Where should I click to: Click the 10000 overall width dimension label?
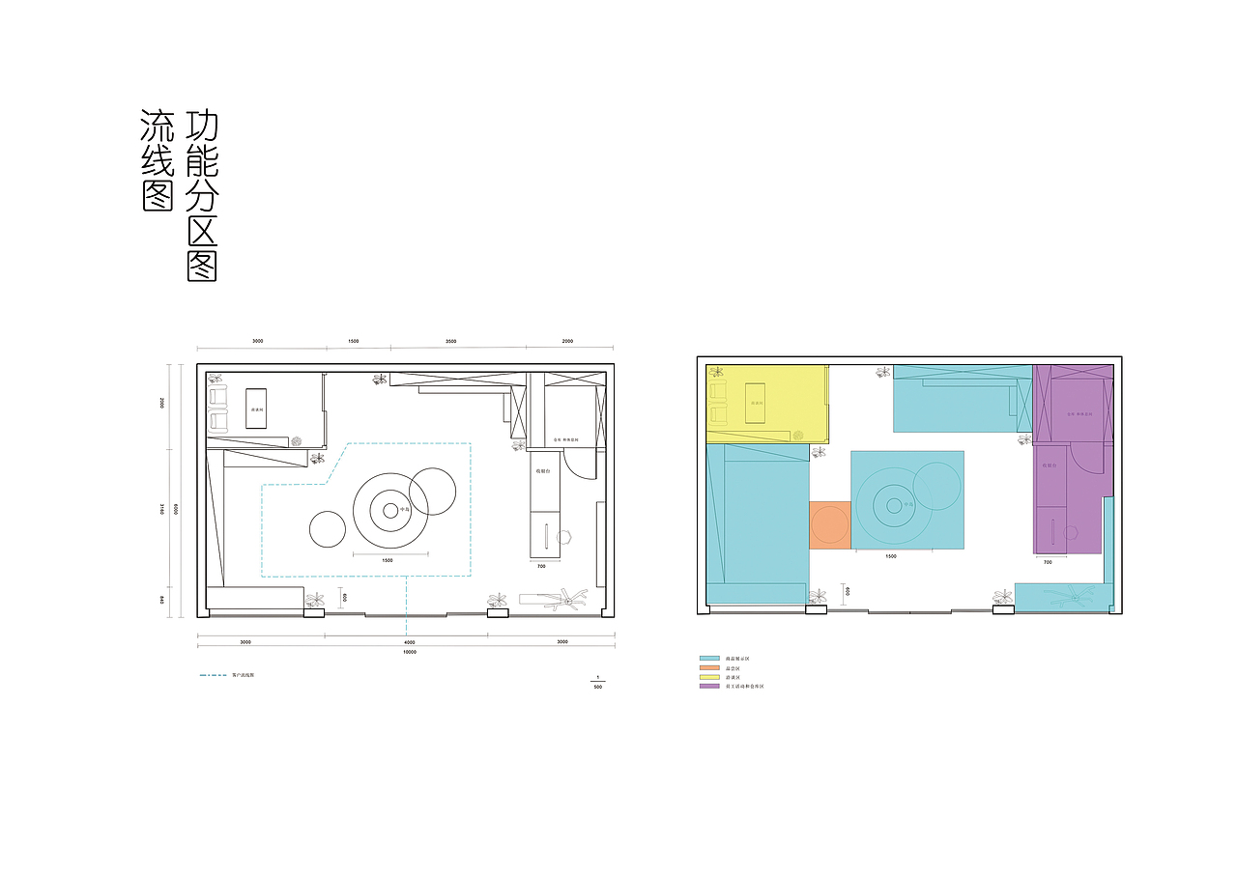coord(409,652)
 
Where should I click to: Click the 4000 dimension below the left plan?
coord(409,641)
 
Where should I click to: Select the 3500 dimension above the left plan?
coord(451,341)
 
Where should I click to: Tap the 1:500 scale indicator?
coord(598,682)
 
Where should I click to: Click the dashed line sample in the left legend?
coord(214,675)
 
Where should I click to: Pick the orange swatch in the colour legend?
coord(709,667)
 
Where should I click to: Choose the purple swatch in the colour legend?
coord(709,686)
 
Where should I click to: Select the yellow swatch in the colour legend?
coord(709,677)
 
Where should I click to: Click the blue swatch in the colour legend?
coord(709,659)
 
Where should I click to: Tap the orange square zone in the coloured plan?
coord(829,525)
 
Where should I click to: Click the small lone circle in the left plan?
coord(328,528)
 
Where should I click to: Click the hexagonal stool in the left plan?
coord(565,536)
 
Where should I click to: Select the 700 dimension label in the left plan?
coord(541,566)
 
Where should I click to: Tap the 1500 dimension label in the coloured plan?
coord(890,556)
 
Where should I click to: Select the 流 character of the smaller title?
coord(156,125)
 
